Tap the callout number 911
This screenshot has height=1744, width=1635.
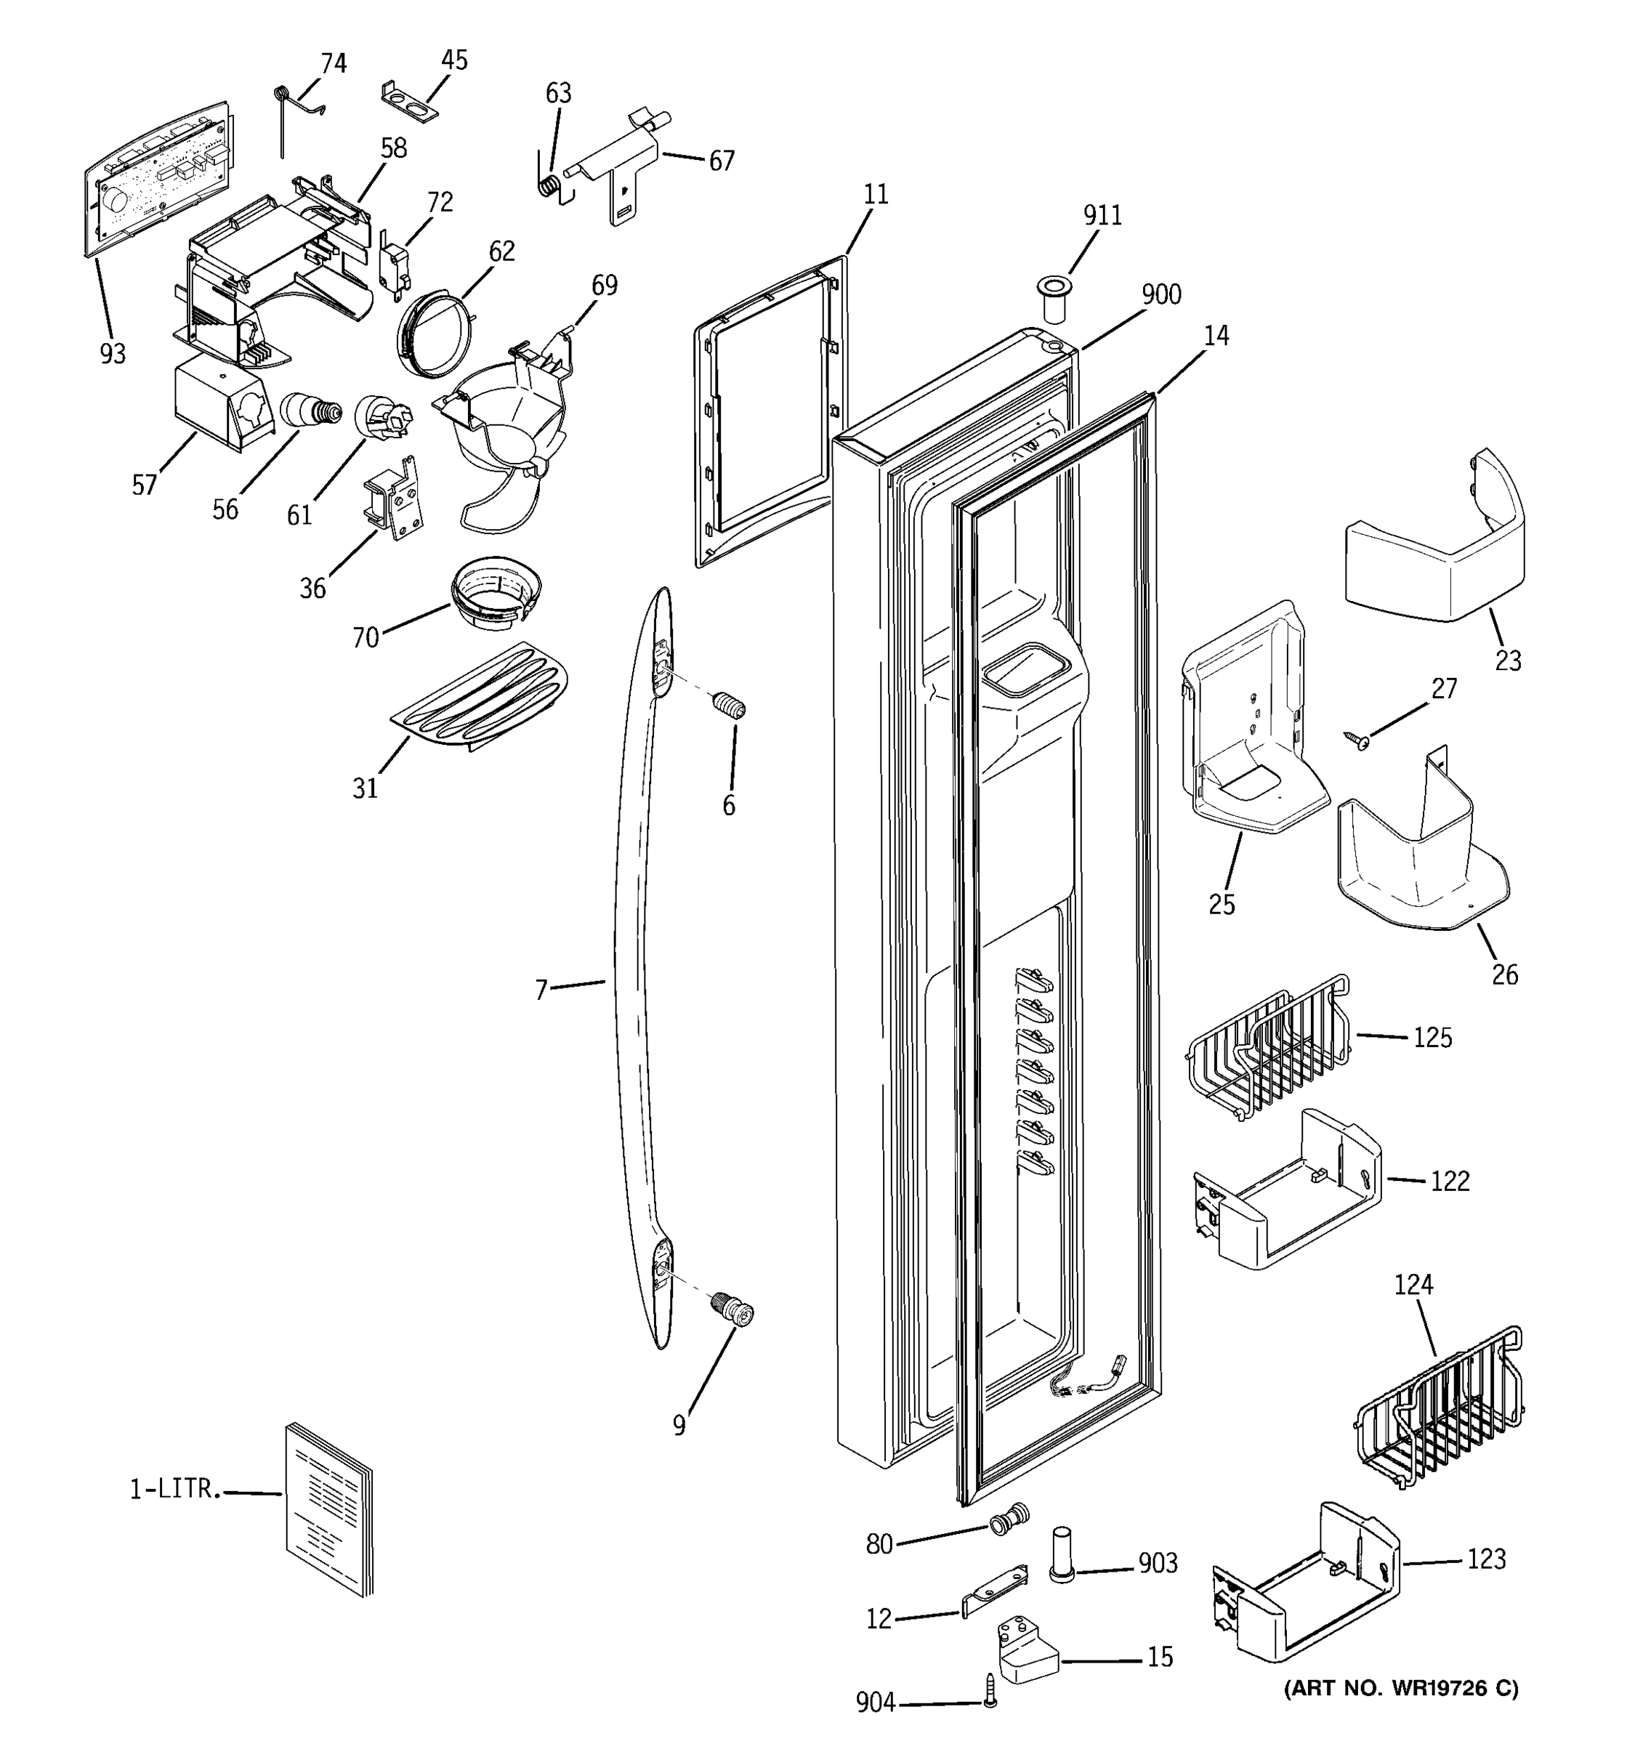(x=1102, y=216)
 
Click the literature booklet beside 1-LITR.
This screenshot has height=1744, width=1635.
(x=328, y=1508)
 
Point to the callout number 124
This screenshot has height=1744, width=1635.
(x=1413, y=1285)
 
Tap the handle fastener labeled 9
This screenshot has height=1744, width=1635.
(x=733, y=1312)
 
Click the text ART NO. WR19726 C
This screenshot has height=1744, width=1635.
(x=1401, y=1687)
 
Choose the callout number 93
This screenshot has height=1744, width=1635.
(x=113, y=354)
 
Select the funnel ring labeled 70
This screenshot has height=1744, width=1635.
(x=496, y=592)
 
